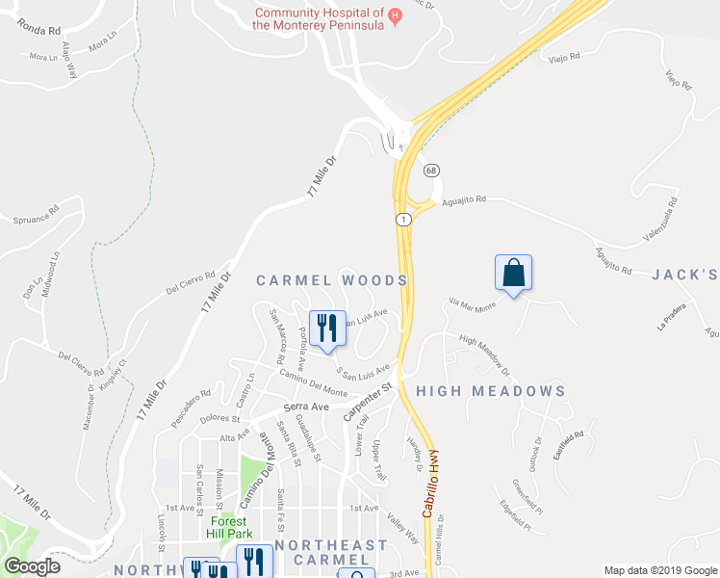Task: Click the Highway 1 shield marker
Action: (x=402, y=221)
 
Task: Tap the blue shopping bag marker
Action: (x=513, y=273)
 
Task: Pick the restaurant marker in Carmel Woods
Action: (x=327, y=328)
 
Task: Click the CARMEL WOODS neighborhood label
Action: (x=331, y=280)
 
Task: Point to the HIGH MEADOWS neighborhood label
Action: (x=491, y=391)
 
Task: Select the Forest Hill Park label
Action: (x=231, y=527)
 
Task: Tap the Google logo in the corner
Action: (x=32, y=566)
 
